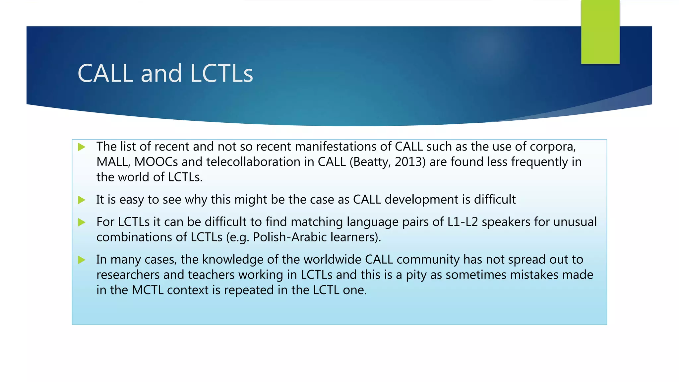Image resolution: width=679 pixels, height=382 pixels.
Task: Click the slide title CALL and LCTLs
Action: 165,73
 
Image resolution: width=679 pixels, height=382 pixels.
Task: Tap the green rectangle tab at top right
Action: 600,32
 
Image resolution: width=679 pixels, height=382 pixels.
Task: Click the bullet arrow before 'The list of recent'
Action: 82,147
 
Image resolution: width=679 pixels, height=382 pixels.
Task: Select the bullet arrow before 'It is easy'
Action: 82,200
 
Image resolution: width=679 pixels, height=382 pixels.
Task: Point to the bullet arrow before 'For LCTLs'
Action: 82,222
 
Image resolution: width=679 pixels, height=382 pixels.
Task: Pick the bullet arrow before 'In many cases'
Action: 82,260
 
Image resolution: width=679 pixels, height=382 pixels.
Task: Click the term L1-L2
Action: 463,222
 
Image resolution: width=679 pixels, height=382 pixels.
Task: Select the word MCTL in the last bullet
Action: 148,290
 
